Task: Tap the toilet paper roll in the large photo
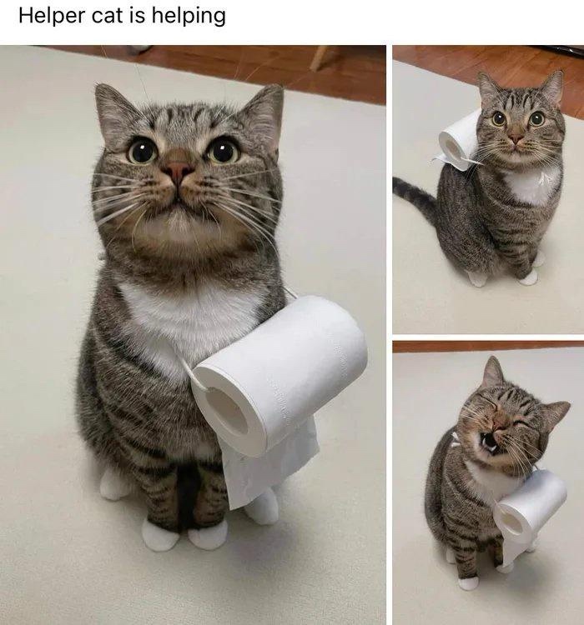pos(279,375)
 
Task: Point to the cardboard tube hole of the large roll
pos(229,410)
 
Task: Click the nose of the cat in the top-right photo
pos(516,138)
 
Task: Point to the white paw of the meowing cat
pos(467,583)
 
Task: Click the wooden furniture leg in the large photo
pos(320,58)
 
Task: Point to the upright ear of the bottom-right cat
pos(491,372)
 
